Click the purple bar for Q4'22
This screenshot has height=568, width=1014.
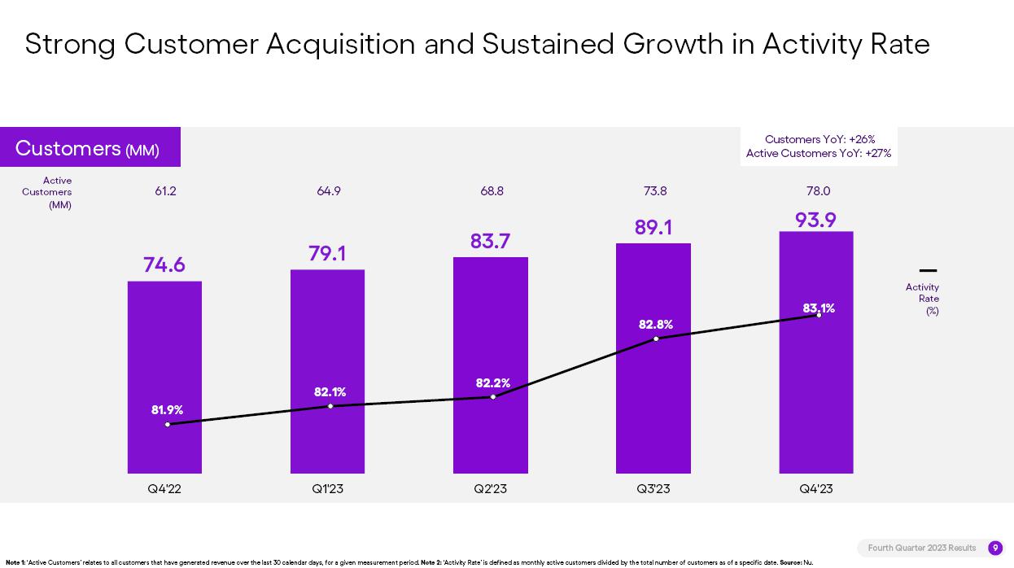164,358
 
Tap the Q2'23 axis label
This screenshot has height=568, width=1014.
490,489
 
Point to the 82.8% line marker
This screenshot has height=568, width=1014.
656,339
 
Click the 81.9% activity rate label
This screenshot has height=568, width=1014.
167,410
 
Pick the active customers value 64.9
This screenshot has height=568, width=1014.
329,191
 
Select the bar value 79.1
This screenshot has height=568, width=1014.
327,254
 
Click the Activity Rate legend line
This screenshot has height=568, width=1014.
928,271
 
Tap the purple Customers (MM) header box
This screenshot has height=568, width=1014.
90,147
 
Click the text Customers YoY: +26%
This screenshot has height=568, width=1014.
820,140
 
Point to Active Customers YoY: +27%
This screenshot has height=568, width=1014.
819,153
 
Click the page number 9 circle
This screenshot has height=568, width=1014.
994,548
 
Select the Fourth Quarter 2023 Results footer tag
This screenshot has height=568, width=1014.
921,548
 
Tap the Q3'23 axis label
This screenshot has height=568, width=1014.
653,489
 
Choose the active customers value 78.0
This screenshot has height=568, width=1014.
818,191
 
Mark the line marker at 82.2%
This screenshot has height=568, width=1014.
493,397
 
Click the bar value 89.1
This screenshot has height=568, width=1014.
653,227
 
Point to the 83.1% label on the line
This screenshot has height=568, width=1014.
819,308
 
